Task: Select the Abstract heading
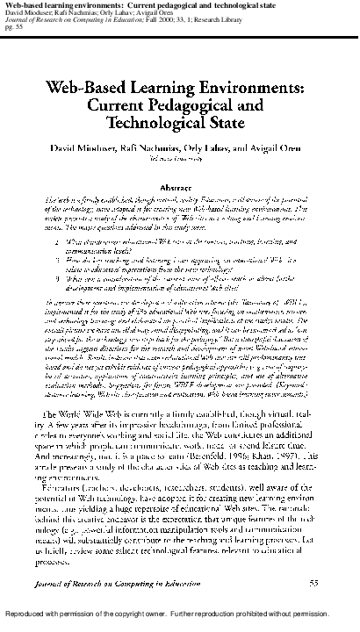coord(180,188)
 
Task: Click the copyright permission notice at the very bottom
coord(179,625)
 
